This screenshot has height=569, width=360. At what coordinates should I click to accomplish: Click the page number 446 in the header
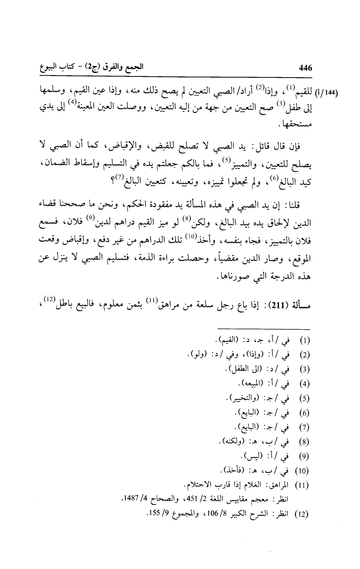coord(305,68)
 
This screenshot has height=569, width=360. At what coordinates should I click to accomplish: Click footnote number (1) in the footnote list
coord(306,341)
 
